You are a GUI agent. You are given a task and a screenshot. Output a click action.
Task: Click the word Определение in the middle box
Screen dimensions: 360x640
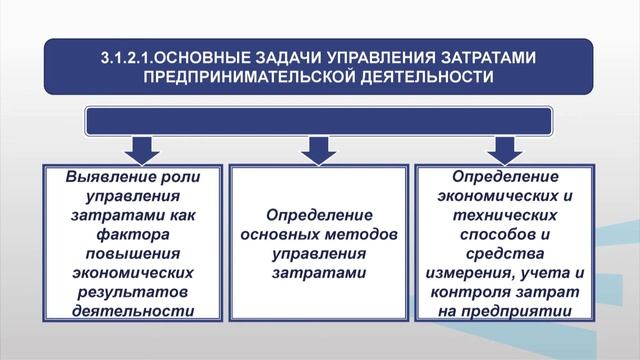(319, 215)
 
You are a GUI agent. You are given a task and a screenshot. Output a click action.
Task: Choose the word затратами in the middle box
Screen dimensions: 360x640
(319, 272)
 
